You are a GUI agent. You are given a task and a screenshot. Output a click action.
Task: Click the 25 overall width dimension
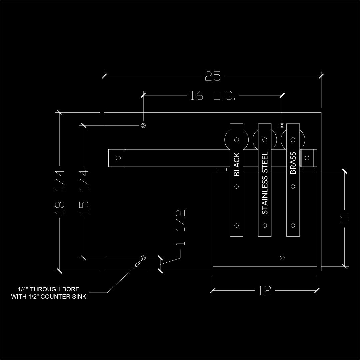pyautogui.click(x=213, y=76)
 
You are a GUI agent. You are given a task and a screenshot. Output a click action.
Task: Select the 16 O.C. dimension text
pyautogui.click(x=213, y=96)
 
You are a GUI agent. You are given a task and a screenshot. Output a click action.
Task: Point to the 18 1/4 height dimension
pyautogui.click(x=60, y=191)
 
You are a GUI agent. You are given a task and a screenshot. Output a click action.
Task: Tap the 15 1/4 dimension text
pyautogui.click(x=84, y=191)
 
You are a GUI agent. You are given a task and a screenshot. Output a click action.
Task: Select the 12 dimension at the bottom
pyautogui.click(x=264, y=291)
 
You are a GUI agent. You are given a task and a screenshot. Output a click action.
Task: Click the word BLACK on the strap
pyautogui.click(x=237, y=164)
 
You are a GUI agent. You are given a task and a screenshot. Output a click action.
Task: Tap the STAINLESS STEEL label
pyautogui.click(x=265, y=183)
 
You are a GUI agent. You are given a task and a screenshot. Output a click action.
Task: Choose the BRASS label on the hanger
pyautogui.click(x=293, y=163)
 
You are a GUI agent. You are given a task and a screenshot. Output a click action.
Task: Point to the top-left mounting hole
pyautogui.click(x=143, y=125)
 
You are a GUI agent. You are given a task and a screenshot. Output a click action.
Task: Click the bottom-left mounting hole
pyautogui.click(x=143, y=258)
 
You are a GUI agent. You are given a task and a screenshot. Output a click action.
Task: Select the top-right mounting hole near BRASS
pyautogui.click(x=282, y=125)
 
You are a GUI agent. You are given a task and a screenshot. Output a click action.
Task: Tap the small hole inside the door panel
pyautogui.click(x=282, y=258)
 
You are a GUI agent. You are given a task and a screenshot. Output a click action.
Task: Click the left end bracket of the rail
pyautogui.click(x=117, y=158)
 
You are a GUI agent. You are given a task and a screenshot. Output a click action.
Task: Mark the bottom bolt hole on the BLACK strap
pyautogui.click(x=237, y=226)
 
